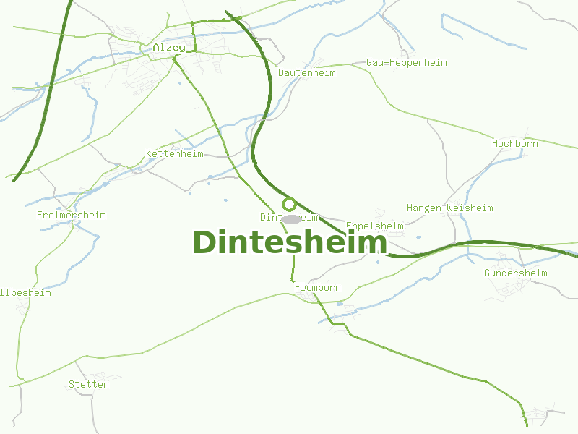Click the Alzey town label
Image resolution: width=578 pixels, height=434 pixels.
tap(168, 48)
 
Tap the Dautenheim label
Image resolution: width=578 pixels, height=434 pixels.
tap(307, 73)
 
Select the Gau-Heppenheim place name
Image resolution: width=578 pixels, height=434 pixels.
tap(407, 63)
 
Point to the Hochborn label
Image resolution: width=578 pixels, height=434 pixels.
tap(515, 144)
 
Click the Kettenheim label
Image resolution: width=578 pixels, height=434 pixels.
tap(175, 154)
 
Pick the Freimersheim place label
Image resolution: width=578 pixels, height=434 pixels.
tap(72, 216)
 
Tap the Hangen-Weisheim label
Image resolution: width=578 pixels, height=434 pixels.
tap(449, 208)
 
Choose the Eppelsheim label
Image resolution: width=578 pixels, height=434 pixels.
tap(375, 226)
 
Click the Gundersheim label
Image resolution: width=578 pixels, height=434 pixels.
tap(516, 273)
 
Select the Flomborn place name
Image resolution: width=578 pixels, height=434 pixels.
tap(318, 288)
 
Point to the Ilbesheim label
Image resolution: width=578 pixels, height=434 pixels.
tap(26, 293)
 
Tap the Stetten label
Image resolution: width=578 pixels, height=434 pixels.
tap(89, 385)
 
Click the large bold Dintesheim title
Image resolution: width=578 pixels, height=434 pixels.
tap(290, 242)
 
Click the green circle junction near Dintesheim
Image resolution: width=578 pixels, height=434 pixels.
tap(289, 205)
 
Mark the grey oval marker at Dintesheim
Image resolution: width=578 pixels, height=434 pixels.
tap(291, 218)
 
